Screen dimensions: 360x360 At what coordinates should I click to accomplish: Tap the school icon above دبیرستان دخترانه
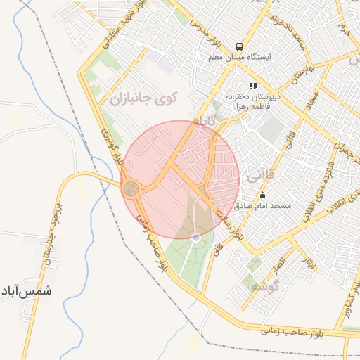click(x=254, y=86)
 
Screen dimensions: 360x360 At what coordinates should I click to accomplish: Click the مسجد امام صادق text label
click(x=263, y=207)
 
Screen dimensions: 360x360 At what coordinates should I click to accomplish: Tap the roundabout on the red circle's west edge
click(x=131, y=188)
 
